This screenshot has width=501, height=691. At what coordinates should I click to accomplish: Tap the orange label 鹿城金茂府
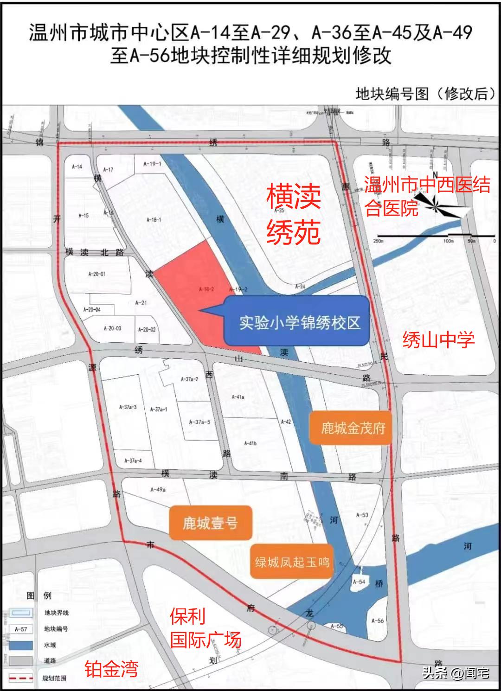[x=353, y=428]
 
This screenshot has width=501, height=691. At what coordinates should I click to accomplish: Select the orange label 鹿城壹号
[x=210, y=523]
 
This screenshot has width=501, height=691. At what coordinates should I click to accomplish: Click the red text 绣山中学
[x=438, y=340]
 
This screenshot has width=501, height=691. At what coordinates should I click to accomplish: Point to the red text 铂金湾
[x=111, y=669]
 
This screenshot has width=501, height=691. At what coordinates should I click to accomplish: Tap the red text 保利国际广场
[x=205, y=628]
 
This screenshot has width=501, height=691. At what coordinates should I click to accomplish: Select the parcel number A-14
[x=77, y=166]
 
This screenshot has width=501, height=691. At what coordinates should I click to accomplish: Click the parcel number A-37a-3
[x=128, y=407]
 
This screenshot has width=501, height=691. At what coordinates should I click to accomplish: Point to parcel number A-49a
[x=158, y=489]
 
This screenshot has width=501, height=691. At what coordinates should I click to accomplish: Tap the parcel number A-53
[x=362, y=515]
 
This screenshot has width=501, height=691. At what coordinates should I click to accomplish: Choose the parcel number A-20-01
[x=96, y=274]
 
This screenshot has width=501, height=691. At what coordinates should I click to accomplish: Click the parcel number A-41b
[x=250, y=443]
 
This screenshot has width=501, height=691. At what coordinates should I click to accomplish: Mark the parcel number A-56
[x=378, y=621]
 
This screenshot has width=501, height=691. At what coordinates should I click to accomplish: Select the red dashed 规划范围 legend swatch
[x=21, y=678]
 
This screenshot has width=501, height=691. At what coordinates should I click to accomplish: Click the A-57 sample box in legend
[x=21, y=629]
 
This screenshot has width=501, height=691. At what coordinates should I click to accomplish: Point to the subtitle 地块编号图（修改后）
[x=423, y=94]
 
